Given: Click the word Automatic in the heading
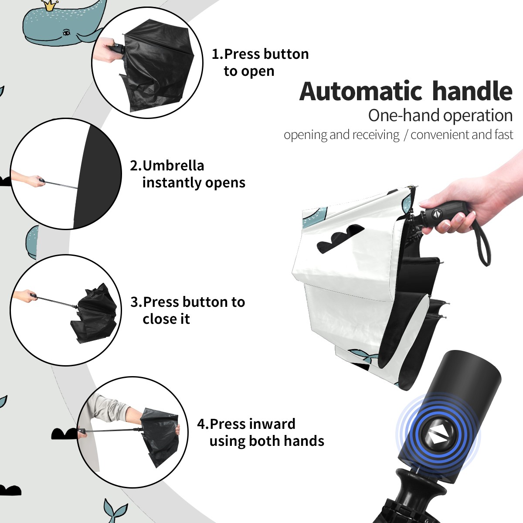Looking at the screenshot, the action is [x=361, y=92].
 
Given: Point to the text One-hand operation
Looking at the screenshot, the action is [x=440, y=115].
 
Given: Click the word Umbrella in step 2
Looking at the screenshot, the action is [x=173, y=166].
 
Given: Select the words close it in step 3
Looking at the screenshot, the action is [x=166, y=319].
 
